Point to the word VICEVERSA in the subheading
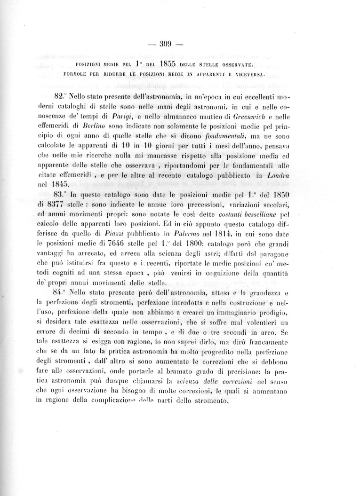249,74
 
